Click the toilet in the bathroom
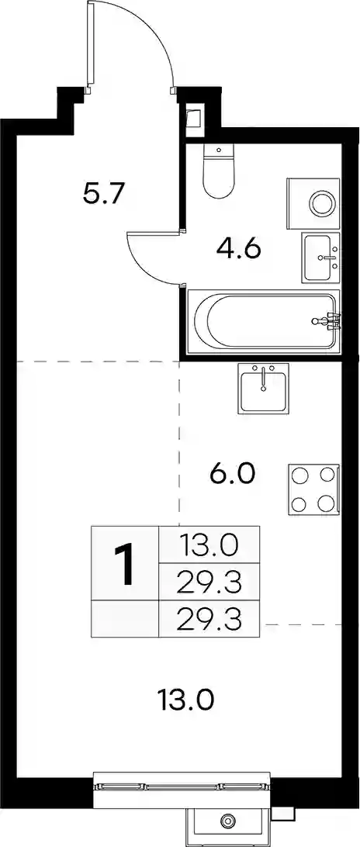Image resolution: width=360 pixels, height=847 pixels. (x=219, y=171)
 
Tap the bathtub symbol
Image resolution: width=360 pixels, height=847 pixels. (x=264, y=320)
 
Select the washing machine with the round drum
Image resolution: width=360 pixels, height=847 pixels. (x=313, y=203)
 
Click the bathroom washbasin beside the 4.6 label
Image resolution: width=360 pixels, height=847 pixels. (x=321, y=258)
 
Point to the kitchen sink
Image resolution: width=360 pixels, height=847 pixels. (x=263, y=388)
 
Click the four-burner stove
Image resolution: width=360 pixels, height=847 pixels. (x=314, y=489)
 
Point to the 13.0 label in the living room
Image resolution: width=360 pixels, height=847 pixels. (x=186, y=700)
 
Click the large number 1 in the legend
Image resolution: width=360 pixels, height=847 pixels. (x=125, y=563)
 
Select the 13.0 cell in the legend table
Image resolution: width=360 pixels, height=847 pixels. (x=209, y=545)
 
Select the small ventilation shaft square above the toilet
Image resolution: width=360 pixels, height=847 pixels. (x=193, y=118)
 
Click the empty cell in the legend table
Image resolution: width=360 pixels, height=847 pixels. (x=125, y=618)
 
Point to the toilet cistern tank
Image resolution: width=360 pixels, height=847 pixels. (x=219, y=150)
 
